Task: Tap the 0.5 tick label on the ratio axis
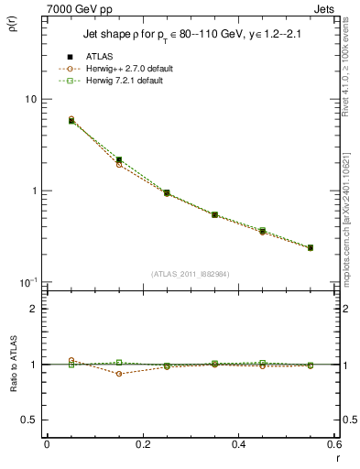[28, 420]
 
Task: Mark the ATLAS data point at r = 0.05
[71, 120]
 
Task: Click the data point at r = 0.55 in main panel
[311, 247]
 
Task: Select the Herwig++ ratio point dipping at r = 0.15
[119, 374]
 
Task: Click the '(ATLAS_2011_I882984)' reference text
[189, 273]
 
